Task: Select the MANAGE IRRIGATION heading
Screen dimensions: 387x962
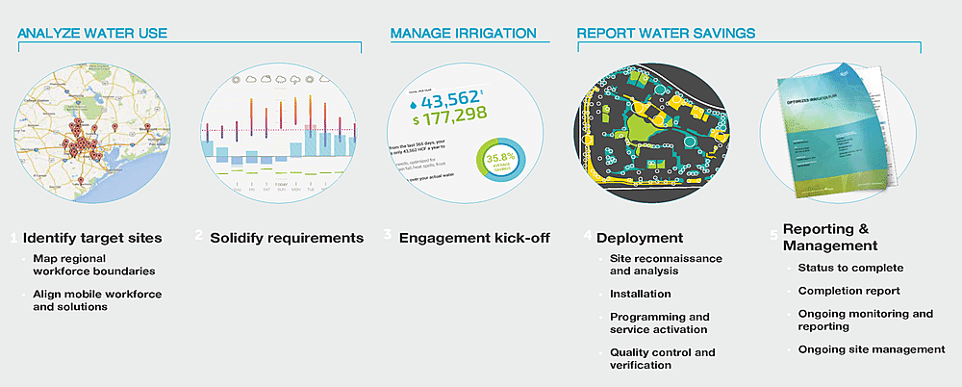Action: [463, 33]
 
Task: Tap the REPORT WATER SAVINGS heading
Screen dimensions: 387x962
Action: [666, 33]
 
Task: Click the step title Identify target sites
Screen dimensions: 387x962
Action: [92, 237]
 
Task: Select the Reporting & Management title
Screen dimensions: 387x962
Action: [830, 237]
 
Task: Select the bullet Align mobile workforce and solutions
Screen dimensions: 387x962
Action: [96, 299]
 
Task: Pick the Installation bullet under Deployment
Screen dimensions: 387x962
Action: [641, 294]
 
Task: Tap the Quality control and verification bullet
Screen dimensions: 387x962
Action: [662, 358]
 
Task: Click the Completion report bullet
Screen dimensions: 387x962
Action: [848, 291]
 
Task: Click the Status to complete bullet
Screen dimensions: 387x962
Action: [850, 268]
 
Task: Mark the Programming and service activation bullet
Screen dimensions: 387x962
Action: [659, 322]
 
